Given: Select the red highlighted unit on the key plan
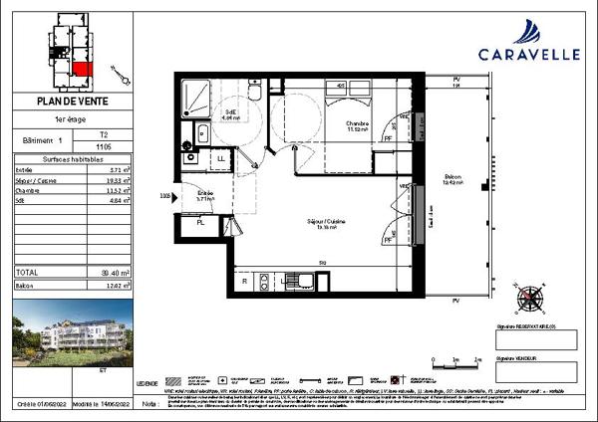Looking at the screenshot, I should pos(82,69).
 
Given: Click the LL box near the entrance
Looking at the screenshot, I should pos(221,158).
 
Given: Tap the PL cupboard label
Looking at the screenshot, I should pos(200,222).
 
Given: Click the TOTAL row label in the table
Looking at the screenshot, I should pos(29,272).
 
